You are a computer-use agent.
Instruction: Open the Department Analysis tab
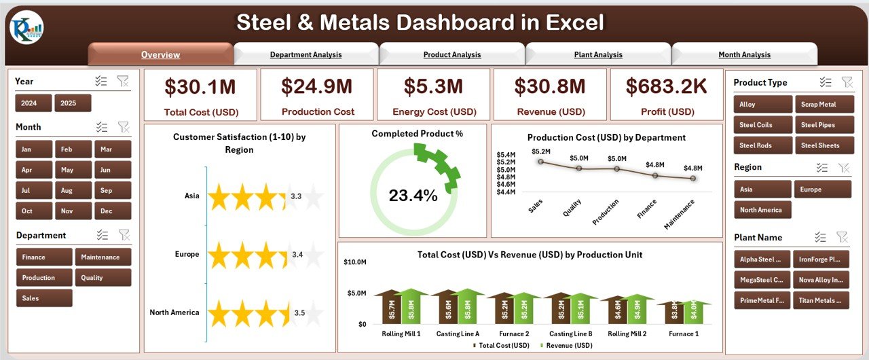(x=306, y=54)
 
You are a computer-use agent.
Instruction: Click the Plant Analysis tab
(x=598, y=54)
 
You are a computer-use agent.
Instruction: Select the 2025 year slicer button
(x=73, y=103)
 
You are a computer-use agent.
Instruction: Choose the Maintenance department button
(x=102, y=257)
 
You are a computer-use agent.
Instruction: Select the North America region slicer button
(x=762, y=210)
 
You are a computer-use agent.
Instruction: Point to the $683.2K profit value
(x=666, y=86)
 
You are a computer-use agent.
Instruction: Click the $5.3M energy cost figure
(x=433, y=86)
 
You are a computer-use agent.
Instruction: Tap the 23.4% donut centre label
(x=413, y=196)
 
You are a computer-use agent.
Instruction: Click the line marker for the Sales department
(x=540, y=161)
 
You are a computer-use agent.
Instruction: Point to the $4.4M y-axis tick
(x=506, y=192)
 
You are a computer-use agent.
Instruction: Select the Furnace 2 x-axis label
(x=514, y=334)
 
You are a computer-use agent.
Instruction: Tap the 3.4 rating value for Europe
(x=296, y=255)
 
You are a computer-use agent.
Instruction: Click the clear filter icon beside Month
(x=124, y=127)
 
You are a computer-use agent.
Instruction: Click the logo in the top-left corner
(x=26, y=28)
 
